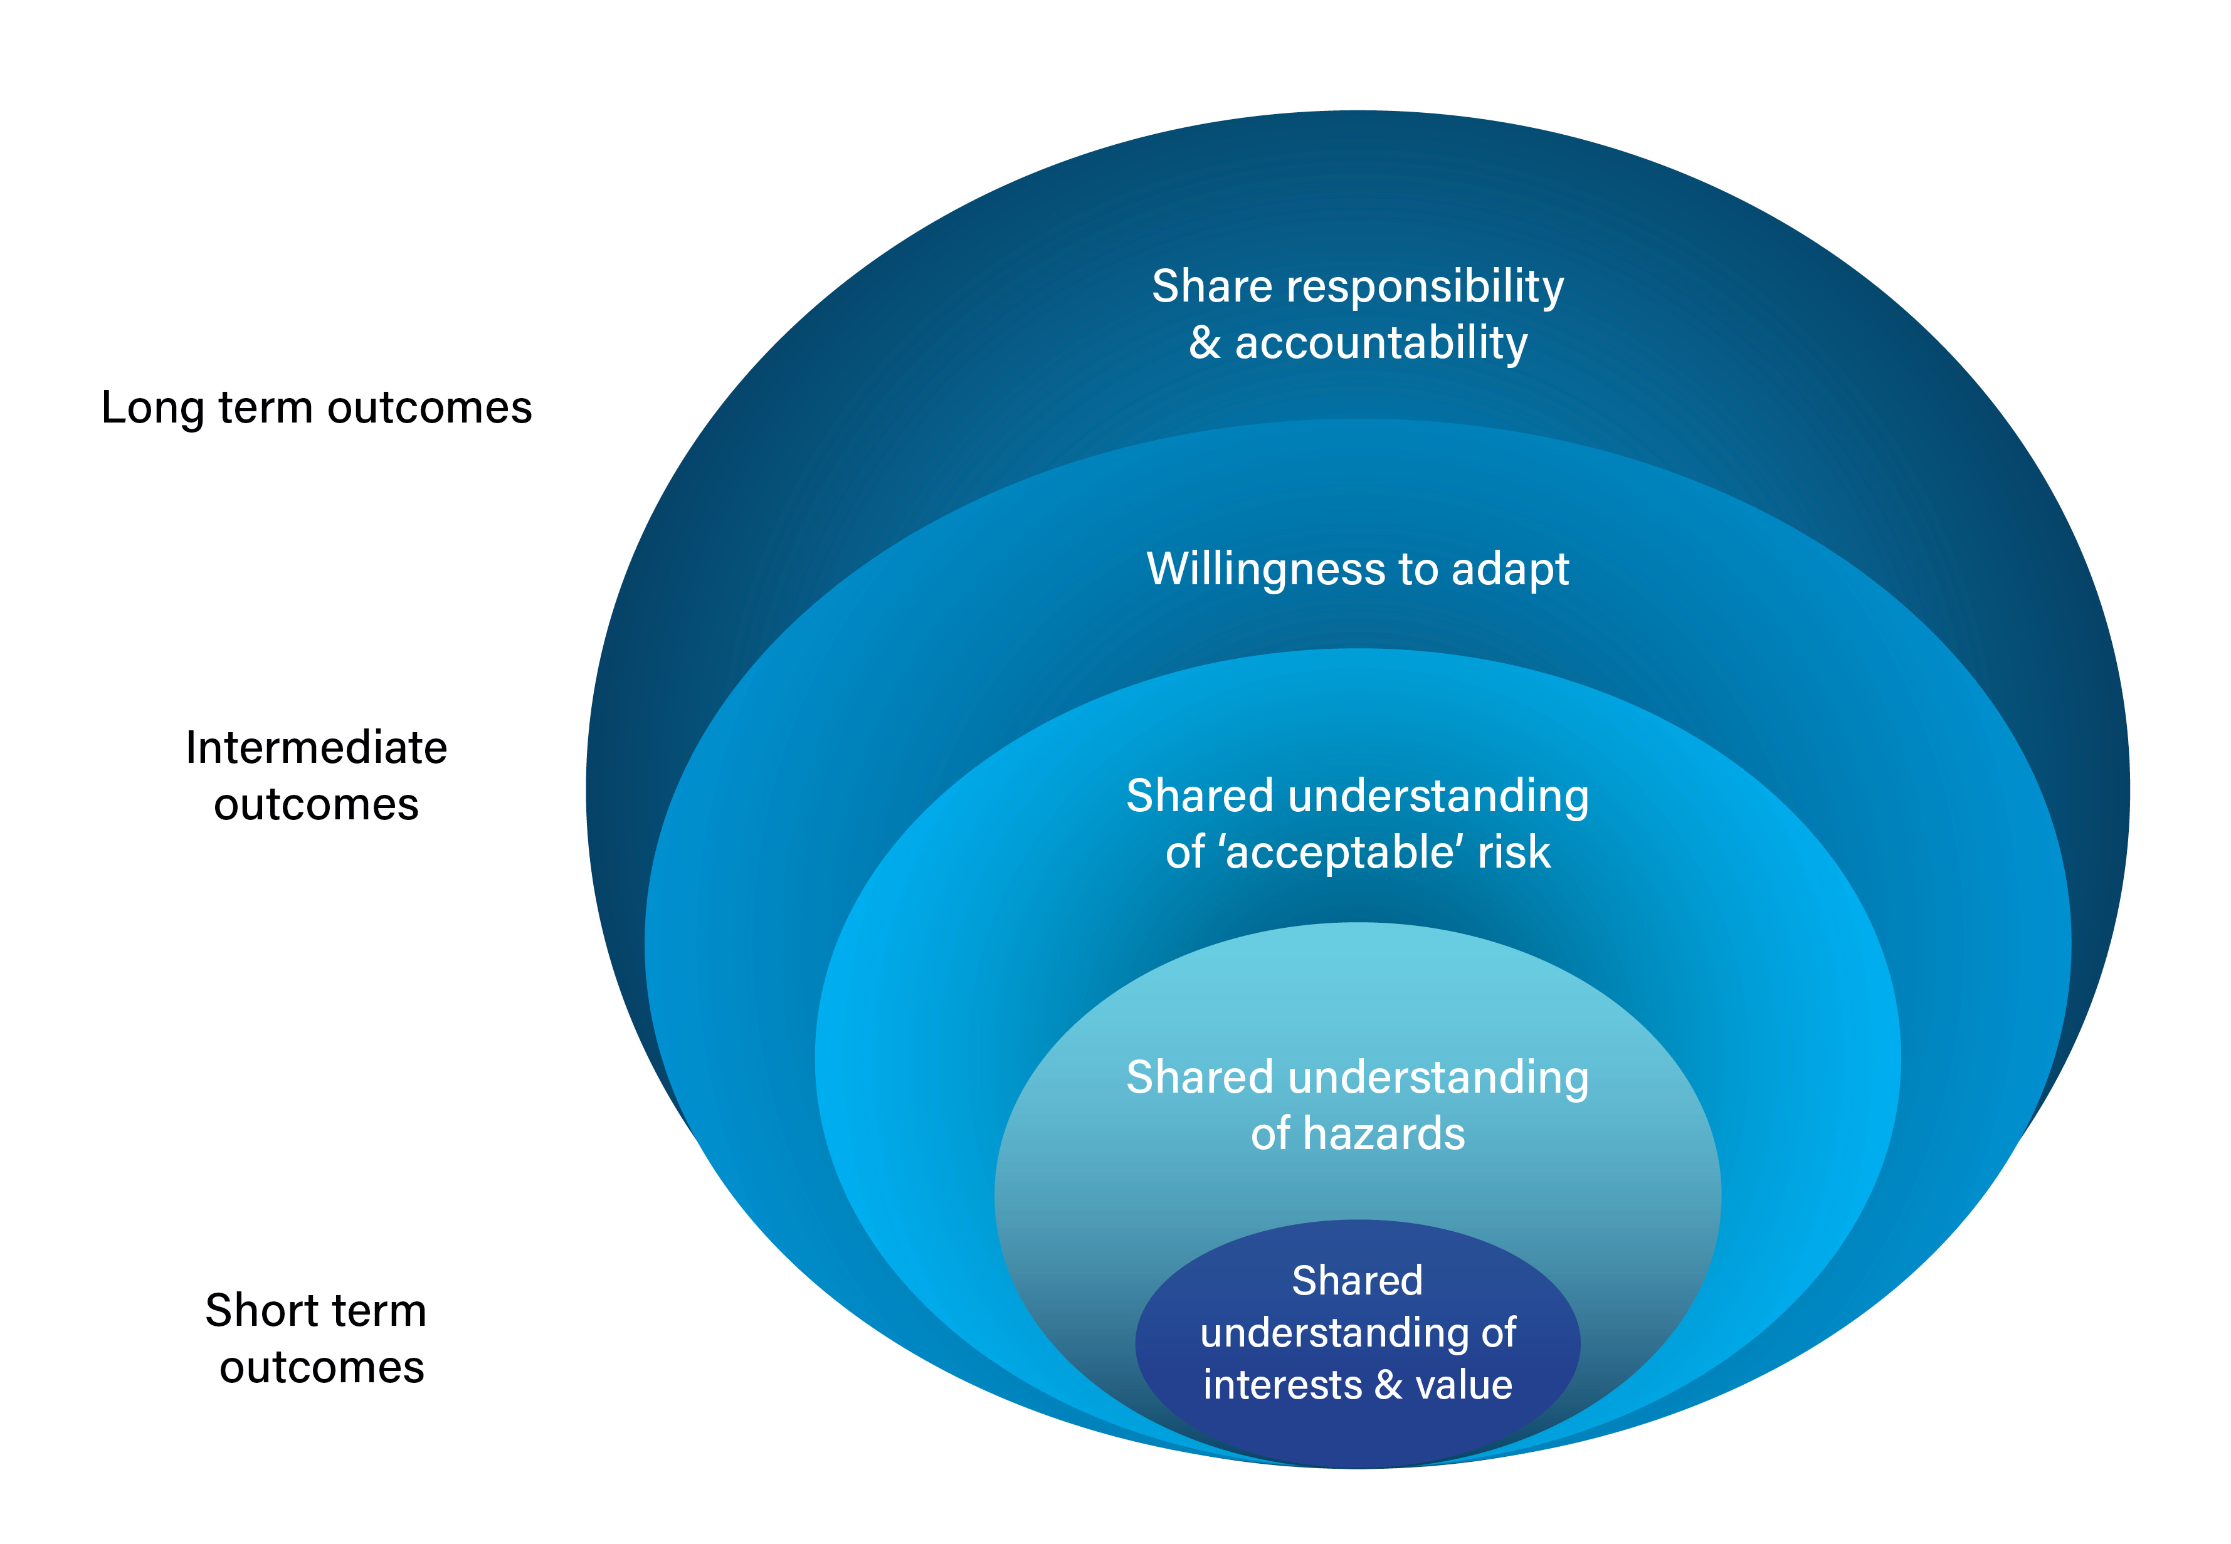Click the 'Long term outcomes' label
(x=317, y=407)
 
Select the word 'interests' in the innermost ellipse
(x=1282, y=1385)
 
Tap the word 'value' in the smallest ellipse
(x=1464, y=1385)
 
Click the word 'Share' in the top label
(x=1211, y=286)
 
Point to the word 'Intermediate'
(x=317, y=748)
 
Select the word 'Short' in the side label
(x=261, y=1311)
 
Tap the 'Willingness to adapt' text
(x=1358, y=569)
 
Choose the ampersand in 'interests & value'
(x=1388, y=1385)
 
